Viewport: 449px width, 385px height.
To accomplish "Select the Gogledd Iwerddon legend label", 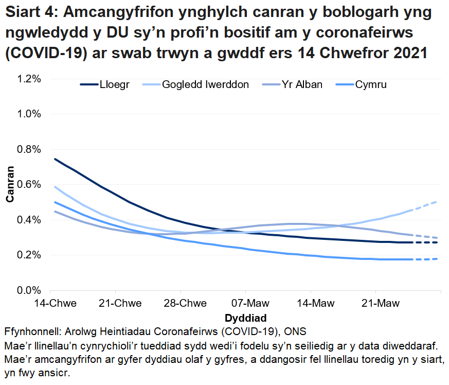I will pyautogui.click(x=205, y=84).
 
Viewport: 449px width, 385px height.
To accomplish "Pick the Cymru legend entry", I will pyautogui.click(x=371, y=84).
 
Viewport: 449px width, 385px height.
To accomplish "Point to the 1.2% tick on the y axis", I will pyautogui.click(x=29, y=79).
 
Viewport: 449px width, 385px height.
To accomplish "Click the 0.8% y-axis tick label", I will pyautogui.click(x=29, y=149).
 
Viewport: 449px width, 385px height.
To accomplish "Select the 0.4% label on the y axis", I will pyautogui.click(x=29, y=220).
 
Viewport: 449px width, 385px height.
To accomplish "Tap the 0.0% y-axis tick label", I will pyautogui.click(x=29, y=290).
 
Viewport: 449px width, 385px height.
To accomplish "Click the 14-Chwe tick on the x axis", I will pyautogui.click(x=55, y=303).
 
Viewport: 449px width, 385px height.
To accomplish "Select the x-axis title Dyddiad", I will pyautogui.click(x=245, y=316).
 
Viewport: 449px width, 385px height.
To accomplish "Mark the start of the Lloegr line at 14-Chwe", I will pyautogui.click(x=55, y=159).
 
